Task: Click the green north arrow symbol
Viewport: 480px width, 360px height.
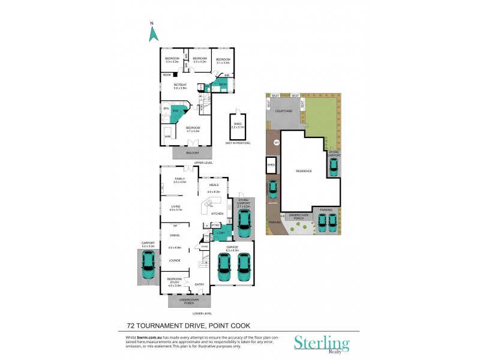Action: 152,34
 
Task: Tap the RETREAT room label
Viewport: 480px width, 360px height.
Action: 181,85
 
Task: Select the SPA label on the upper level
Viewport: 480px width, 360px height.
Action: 166,109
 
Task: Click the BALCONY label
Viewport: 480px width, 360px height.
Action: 193,154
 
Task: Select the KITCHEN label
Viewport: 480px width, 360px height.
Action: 217,214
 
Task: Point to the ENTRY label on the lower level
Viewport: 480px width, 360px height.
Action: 200,284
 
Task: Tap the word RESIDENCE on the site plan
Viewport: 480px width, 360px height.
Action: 304,171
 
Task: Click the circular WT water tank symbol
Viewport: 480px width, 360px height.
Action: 277,143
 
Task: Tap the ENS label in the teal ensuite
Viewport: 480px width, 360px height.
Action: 176,112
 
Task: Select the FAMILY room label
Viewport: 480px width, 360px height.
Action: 180,179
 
